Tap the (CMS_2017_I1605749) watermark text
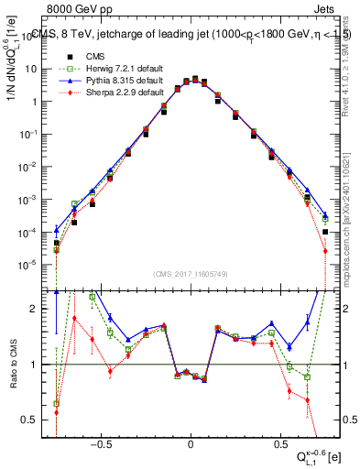(x=191, y=274)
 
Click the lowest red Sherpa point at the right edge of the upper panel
(x=324, y=252)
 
